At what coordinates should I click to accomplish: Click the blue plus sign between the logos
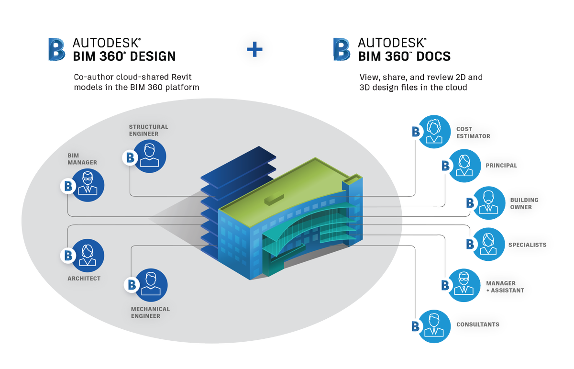tap(254, 49)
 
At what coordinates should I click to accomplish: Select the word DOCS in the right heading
tap(433, 56)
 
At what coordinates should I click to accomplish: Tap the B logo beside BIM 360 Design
tap(56, 49)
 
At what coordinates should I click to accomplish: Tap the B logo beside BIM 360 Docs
tap(342, 49)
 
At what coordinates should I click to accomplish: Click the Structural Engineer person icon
tap(150, 156)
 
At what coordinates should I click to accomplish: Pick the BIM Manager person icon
tap(88, 185)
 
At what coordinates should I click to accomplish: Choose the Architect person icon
tap(88, 256)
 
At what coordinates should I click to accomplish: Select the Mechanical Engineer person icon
tap(151, 285)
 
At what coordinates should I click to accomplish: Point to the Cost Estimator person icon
tap(434, 132)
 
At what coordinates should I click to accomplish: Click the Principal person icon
tap(464, 166)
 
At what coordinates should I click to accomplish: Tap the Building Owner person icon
tap(488, 203)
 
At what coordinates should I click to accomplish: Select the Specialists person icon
tap(488, 244)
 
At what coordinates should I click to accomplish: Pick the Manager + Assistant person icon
tap(464, 285)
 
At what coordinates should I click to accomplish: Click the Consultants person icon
tap(434, 326)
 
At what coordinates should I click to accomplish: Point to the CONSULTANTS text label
tap(478, 324)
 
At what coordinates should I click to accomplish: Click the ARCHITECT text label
tap(84, 279)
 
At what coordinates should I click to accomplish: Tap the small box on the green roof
tap(274, 199)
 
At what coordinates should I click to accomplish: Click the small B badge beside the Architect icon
tap(68, 256)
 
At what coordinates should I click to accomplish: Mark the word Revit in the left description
tap(181, 77)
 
